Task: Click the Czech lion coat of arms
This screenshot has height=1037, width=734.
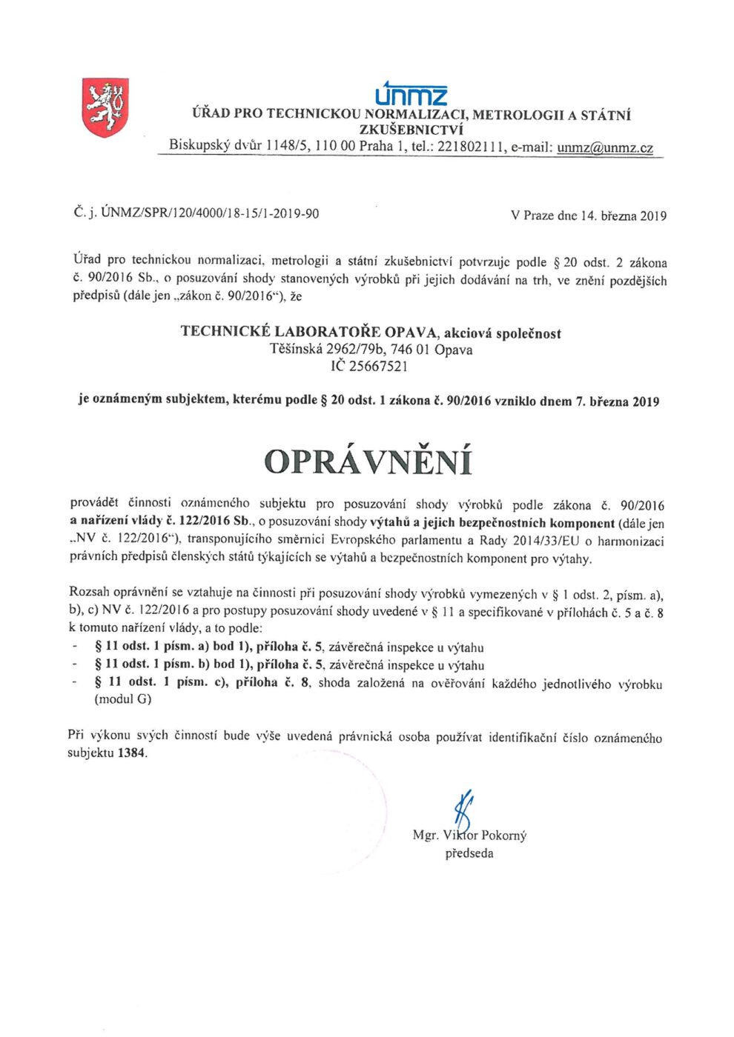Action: tap(105, 108)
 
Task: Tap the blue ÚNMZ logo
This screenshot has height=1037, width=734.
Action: tap(411, 94)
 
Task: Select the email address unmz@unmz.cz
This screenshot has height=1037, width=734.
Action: tap(604, 147)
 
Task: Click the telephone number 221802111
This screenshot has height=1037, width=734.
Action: tap(470, 147)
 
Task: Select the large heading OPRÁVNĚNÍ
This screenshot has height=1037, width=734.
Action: tap(368, 461)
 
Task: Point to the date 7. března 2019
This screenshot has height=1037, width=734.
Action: tap(618, 401)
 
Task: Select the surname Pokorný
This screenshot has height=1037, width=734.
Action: tap(504, 836)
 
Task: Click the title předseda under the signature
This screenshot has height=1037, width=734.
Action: tap(469, 853)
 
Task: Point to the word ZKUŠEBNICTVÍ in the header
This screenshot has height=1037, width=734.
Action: tap(411, 130)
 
